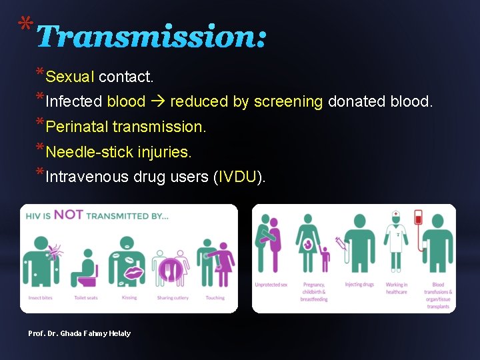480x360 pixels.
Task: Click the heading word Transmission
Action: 151,37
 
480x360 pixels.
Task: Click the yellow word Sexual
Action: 70,77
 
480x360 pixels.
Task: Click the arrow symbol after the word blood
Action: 157,102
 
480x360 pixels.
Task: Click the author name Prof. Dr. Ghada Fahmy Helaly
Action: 79,333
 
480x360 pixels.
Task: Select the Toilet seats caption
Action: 85,298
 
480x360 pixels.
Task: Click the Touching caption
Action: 215,298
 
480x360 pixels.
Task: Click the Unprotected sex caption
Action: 271,285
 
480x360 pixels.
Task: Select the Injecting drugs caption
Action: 359,285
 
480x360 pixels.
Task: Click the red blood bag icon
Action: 419,218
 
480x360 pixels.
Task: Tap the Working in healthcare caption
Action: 397,288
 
